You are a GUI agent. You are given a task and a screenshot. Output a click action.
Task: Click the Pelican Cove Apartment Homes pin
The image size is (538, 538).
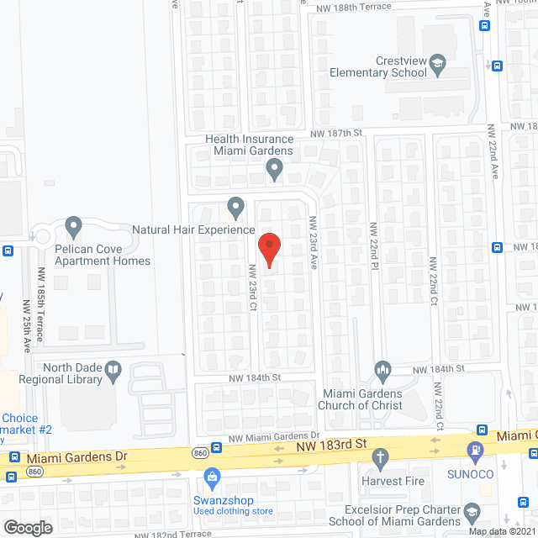point(73,226)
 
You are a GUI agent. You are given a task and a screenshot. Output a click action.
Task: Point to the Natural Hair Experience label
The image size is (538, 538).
point(193,229)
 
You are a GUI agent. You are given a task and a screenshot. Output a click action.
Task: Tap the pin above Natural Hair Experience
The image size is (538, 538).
point(236,206)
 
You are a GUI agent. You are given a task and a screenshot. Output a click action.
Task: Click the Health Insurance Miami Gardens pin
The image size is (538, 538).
point(274,170)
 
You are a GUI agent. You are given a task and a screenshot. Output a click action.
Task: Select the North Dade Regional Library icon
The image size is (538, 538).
point(113,369)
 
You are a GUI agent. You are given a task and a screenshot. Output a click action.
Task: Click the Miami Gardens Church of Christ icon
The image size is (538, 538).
point(382,370)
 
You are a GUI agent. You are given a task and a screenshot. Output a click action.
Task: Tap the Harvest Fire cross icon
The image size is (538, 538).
point(380,459)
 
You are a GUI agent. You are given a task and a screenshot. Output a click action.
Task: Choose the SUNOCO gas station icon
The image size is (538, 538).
point(475,451)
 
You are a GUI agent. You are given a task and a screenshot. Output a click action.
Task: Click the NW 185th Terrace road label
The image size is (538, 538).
point(40,293)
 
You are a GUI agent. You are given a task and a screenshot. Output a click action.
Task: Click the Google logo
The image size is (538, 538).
point(27,527)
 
